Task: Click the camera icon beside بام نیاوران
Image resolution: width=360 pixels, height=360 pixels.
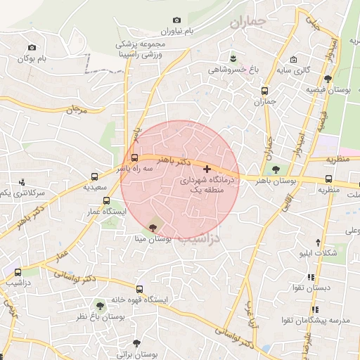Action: [x=176, y=20]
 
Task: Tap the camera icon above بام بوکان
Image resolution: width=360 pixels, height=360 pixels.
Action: [x=30, y=48]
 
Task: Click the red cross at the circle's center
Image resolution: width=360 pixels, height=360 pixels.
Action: [x=206, y=169]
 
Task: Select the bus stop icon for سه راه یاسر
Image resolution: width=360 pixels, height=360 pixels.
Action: [x=134, y=159]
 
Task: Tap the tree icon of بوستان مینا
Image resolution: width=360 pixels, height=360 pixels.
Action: [x=154, y=228]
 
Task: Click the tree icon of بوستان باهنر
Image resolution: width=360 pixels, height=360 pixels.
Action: [x=275, y=169]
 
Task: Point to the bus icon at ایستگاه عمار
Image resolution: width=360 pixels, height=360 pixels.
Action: [x=106, y=200]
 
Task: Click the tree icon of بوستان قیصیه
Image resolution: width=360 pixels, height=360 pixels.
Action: [x=328, y=79]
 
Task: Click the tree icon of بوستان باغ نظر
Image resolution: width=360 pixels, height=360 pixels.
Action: [x=100, y=305]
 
